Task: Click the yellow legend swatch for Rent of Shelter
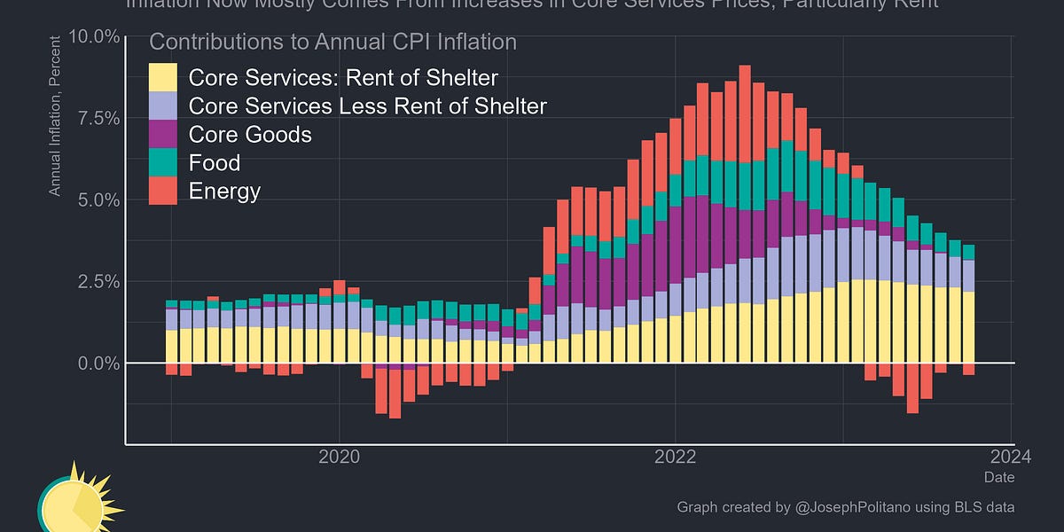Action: point(163,77)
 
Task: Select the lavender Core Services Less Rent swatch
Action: point(163,106)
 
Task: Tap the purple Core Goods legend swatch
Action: point(163,134)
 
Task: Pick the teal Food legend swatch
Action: point(163,162)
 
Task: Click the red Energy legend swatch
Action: point(163,191)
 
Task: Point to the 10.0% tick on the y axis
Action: point(94,36)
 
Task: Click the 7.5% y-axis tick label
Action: point(98,118)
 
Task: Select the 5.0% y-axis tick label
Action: point(98,199)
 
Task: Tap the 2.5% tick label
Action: point(98,281)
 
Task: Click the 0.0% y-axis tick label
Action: point(98,363)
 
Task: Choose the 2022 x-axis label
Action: point(676,457)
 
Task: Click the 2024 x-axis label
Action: point(1012,457)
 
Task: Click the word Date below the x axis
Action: point(998,478)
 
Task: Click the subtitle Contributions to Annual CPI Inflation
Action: point(332,42)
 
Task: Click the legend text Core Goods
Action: point(250,134)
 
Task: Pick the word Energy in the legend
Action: point(224,191)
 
